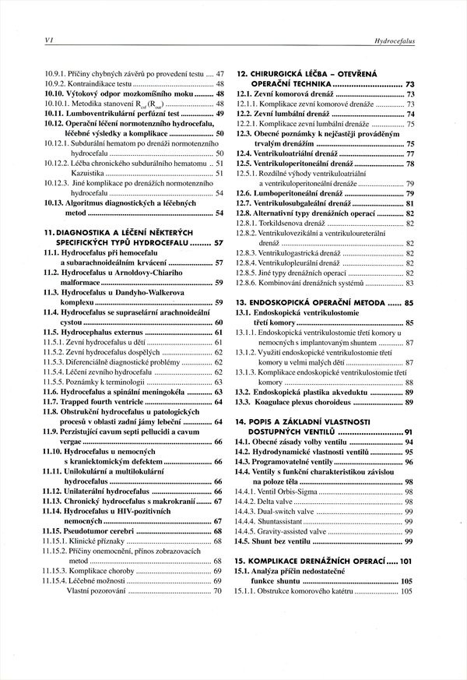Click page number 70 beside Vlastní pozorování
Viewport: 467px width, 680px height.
tap(218, 591)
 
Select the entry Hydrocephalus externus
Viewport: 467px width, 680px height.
tap(104, 332)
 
